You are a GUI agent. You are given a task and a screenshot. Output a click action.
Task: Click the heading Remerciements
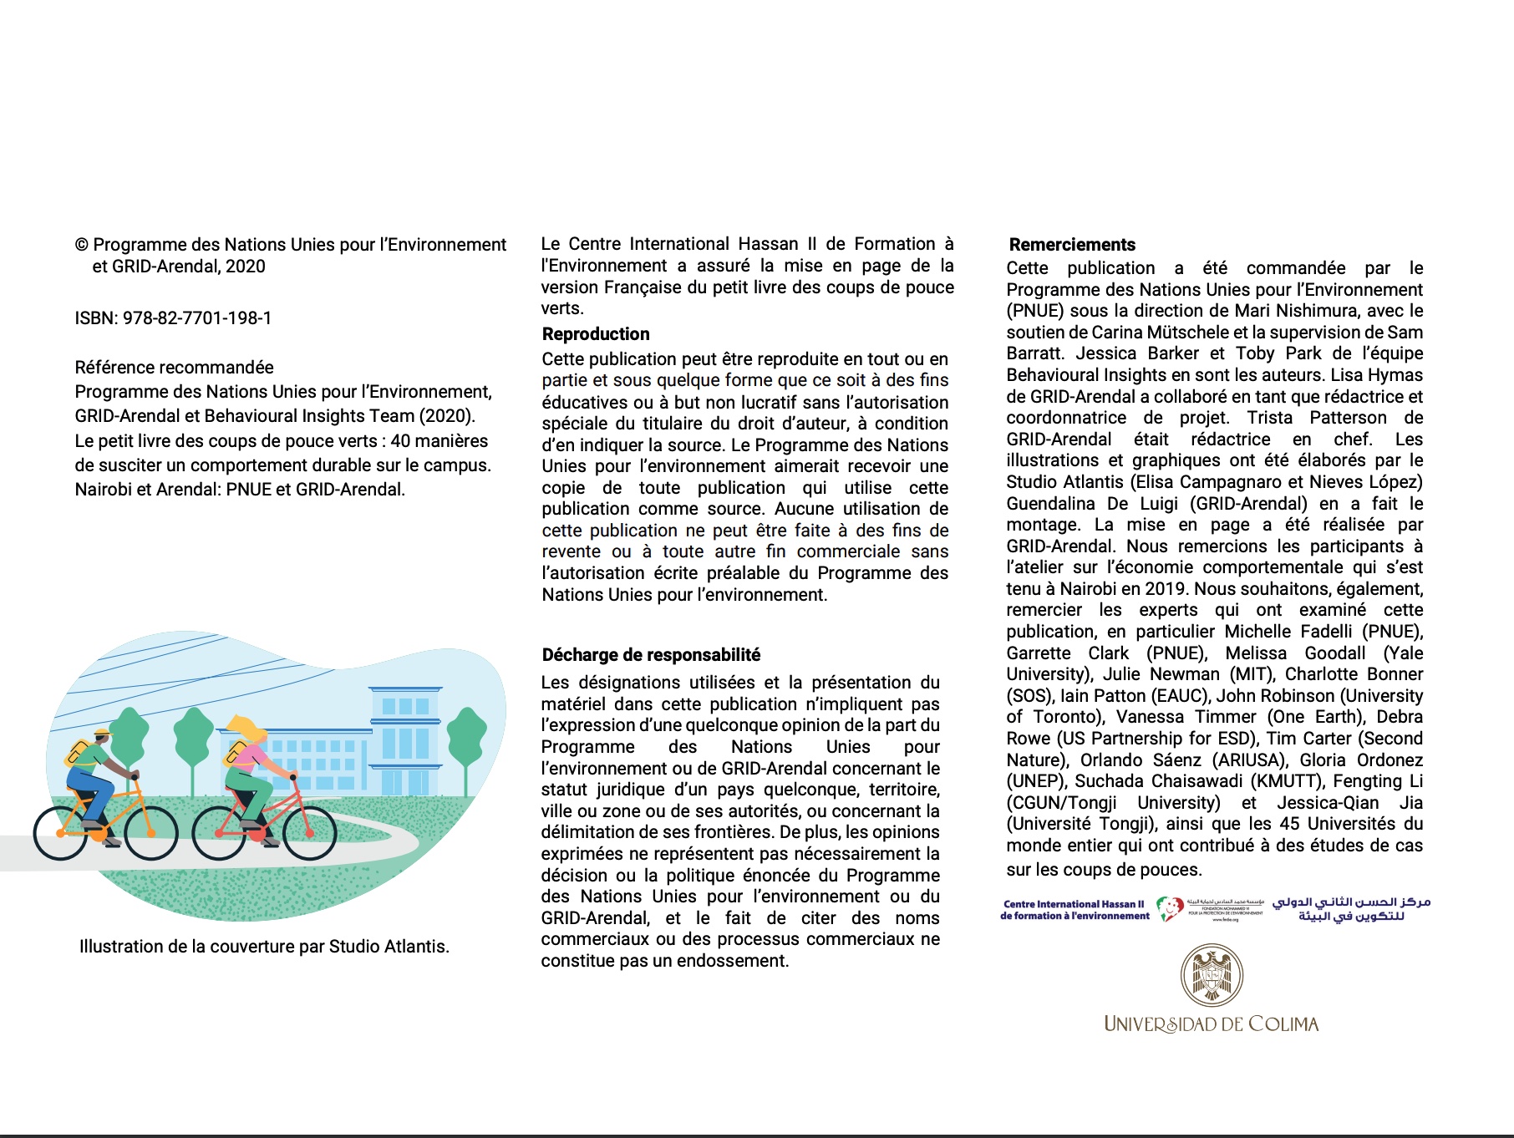tap(1072, 245)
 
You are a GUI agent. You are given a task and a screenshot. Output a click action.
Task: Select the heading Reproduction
tap(596, 334)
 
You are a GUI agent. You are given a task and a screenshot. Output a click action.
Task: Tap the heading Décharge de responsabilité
tap(651, 655)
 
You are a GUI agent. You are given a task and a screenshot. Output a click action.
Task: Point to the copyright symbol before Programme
tap(82, 245)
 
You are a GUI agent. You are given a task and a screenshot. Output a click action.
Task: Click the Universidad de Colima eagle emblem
tap(1212, 975)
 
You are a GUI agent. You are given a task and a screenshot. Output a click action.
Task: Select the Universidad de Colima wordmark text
tap(1211, 1024)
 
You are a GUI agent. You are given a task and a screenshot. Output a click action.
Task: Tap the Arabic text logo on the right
tap(1351, 909)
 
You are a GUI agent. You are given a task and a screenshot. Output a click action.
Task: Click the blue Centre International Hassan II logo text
tap(1075, 910)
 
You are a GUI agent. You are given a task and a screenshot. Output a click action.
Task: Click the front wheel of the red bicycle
tap(310, 832)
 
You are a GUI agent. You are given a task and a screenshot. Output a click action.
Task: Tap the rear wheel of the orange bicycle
tap(60, 833)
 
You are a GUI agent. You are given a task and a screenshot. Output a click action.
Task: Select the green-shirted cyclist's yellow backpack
tap(78, 753)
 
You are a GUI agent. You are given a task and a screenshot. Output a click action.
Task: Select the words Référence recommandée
tap(174, 368)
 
